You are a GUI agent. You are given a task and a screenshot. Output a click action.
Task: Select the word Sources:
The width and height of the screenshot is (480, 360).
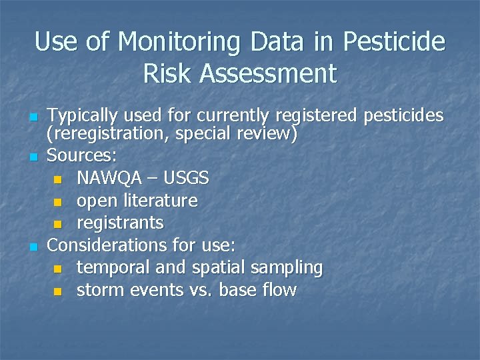[83, 156]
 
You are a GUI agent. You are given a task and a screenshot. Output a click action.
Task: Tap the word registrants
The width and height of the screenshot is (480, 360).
[120, 223]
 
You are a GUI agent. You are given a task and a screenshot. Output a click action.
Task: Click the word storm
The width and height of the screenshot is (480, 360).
[97, 290]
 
